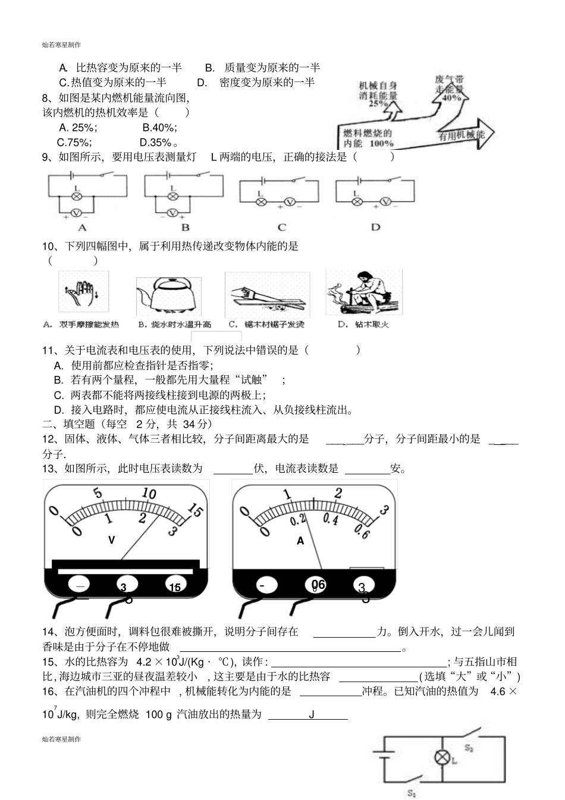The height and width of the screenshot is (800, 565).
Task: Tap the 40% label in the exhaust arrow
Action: [452, 98]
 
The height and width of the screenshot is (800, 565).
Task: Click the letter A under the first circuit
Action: [83, 227]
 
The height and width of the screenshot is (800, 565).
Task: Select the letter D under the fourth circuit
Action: [375, 227]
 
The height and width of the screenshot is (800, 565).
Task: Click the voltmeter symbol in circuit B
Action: [172, 212]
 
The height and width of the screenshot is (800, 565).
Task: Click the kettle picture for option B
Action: [165, 295]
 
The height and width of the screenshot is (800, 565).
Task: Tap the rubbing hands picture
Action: [84, 294]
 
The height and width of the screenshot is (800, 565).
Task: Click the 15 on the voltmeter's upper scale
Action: [194, 510]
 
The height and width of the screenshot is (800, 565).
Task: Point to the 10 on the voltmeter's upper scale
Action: [149, 494]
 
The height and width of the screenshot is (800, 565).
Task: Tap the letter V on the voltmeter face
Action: [111, 540]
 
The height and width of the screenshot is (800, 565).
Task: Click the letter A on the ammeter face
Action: [300, 541]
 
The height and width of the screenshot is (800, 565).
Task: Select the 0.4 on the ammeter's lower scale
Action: [330, 519]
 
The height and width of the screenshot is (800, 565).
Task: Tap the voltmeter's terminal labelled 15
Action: [175, 587]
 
